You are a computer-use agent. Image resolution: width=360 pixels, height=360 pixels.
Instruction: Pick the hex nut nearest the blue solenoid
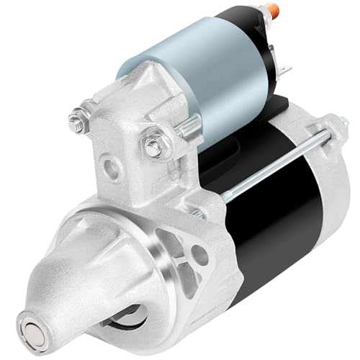(154, 145)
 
